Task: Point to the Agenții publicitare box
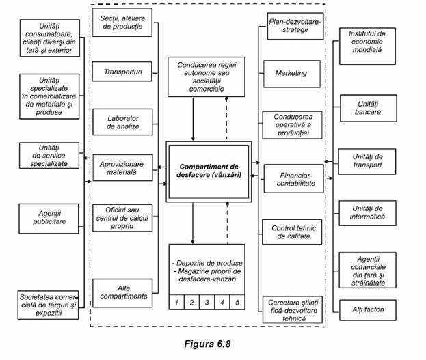click(46, 217)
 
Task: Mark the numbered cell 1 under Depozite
click(177, 301)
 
